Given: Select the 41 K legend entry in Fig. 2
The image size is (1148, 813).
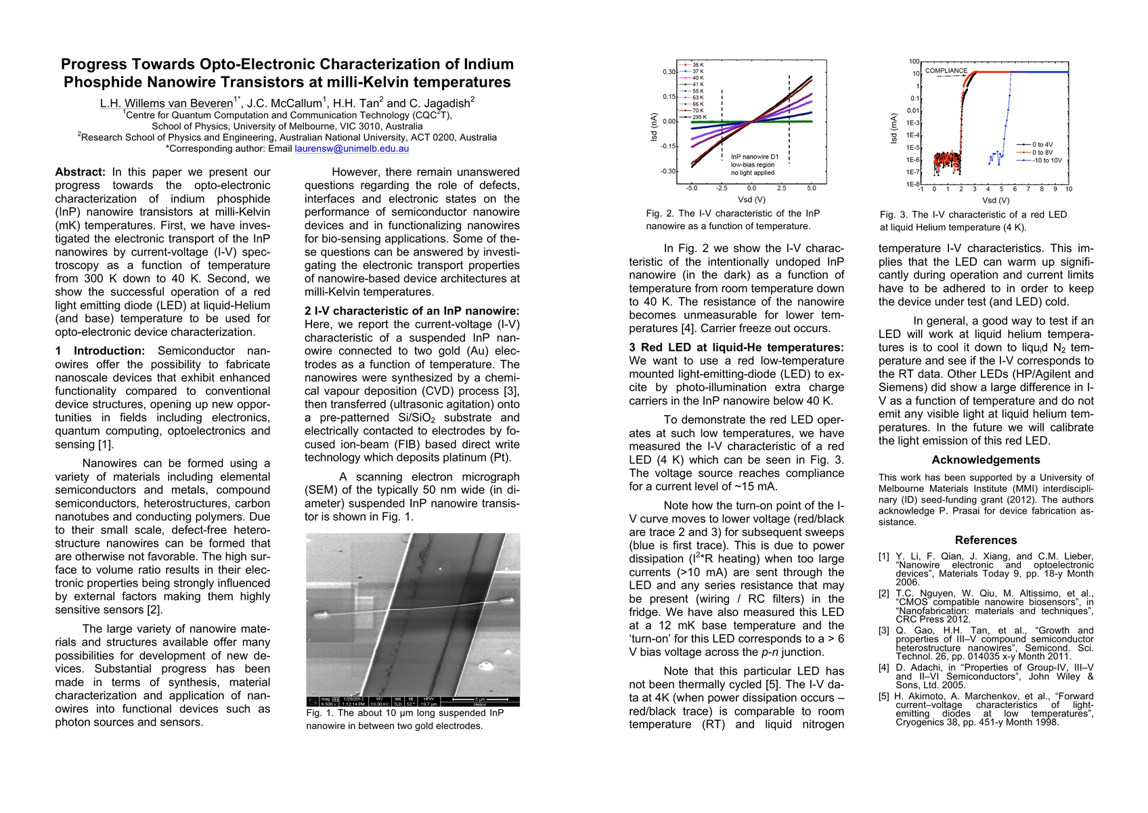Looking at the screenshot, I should (x=698, y=83).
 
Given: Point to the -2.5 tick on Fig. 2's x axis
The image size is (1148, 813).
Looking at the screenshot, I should (x=722, y=188).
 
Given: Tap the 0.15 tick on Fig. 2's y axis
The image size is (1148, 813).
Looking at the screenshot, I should (x=669, y=96).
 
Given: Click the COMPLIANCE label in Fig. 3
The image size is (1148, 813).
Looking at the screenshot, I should (x=946, y=70).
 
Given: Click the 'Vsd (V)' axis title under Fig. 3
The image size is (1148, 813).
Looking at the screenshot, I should (x=996, y=200).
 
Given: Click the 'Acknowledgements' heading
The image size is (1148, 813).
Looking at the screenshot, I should (x=986, y=460).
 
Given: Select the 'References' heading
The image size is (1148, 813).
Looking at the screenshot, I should (x=986, y=540).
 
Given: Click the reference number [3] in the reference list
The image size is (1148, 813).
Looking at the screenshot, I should (x=883, y=630).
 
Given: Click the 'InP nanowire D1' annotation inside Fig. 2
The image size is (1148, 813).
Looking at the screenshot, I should (x=754, y=157).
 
